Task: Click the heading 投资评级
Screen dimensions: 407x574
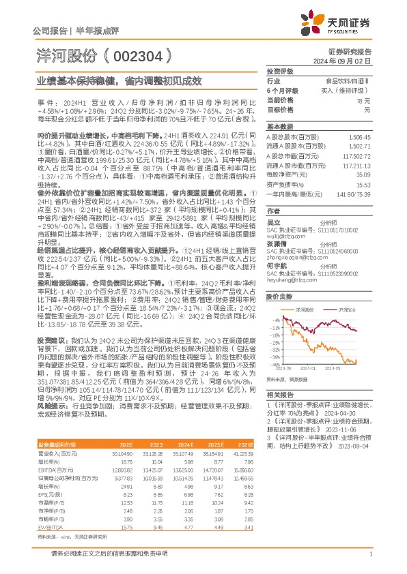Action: tap(279, 71)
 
